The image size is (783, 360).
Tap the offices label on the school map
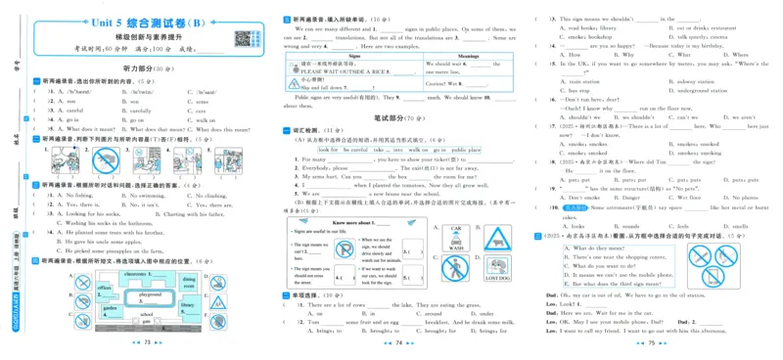click(x=105, y=288)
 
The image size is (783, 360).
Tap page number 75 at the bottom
click(x=651, y=343)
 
